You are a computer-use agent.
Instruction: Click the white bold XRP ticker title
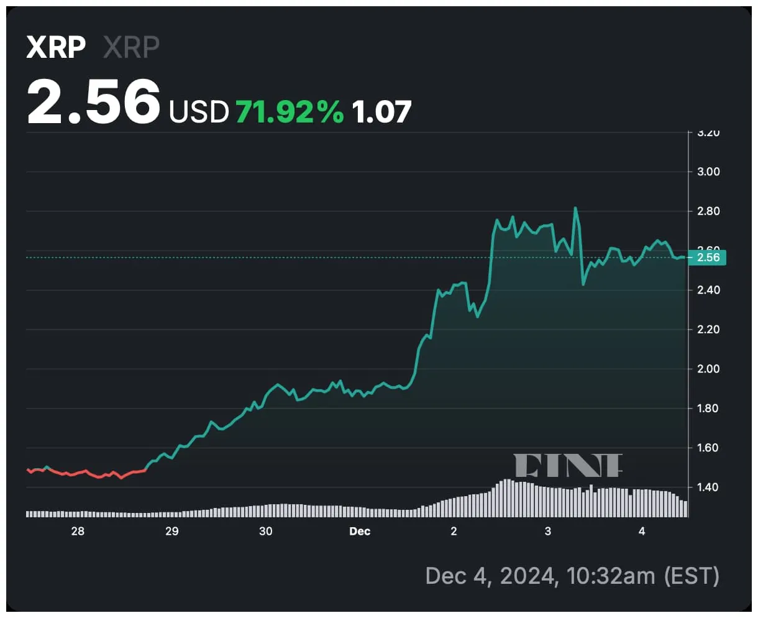point(56,47)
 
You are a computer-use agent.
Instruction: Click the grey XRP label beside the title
point(131,47)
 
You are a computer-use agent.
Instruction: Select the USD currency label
point(199,112)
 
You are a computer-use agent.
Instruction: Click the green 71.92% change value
point(290,112)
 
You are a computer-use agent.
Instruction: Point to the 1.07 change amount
point(381,112)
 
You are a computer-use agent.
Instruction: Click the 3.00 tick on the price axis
point(708,172)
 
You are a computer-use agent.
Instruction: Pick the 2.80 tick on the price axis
point(708,211)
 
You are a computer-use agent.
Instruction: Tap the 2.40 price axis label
point(708,290)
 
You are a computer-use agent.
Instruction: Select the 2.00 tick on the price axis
point(708,369)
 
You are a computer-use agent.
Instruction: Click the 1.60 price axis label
point(708,448)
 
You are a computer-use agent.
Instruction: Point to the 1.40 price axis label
point(708,487)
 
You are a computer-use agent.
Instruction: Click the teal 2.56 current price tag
point(708,257)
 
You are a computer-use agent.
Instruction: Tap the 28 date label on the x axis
point(78,532)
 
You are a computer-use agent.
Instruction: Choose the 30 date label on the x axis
point(266,532)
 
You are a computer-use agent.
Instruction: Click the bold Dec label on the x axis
point(360,532)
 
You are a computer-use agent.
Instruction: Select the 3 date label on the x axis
point(548,532)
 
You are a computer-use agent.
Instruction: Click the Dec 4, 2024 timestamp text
point(572,576)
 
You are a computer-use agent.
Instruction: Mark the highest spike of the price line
point(575,208)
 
